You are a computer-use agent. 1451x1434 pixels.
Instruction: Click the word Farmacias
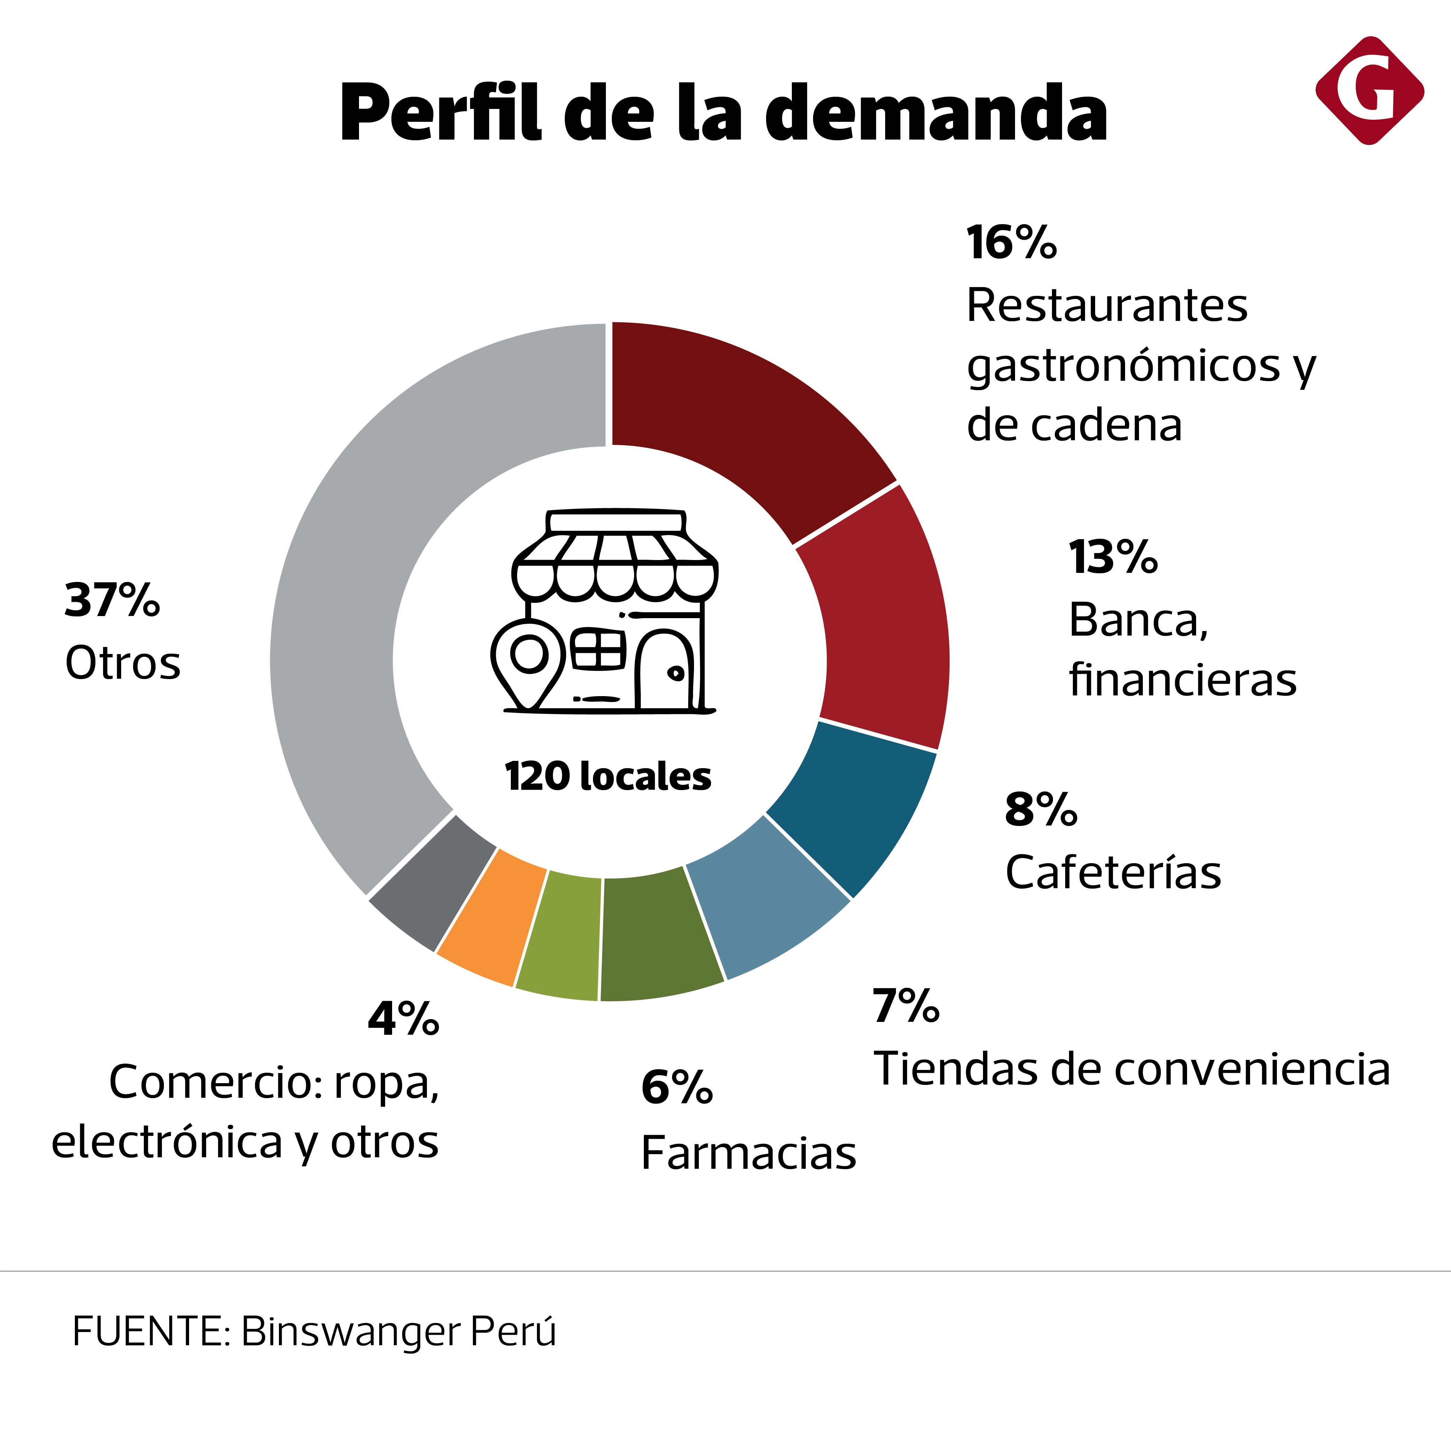pyautogui.click(x=748, y=1152)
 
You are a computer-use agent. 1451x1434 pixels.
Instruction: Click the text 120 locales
pyautogui.click(x=608, y=776)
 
